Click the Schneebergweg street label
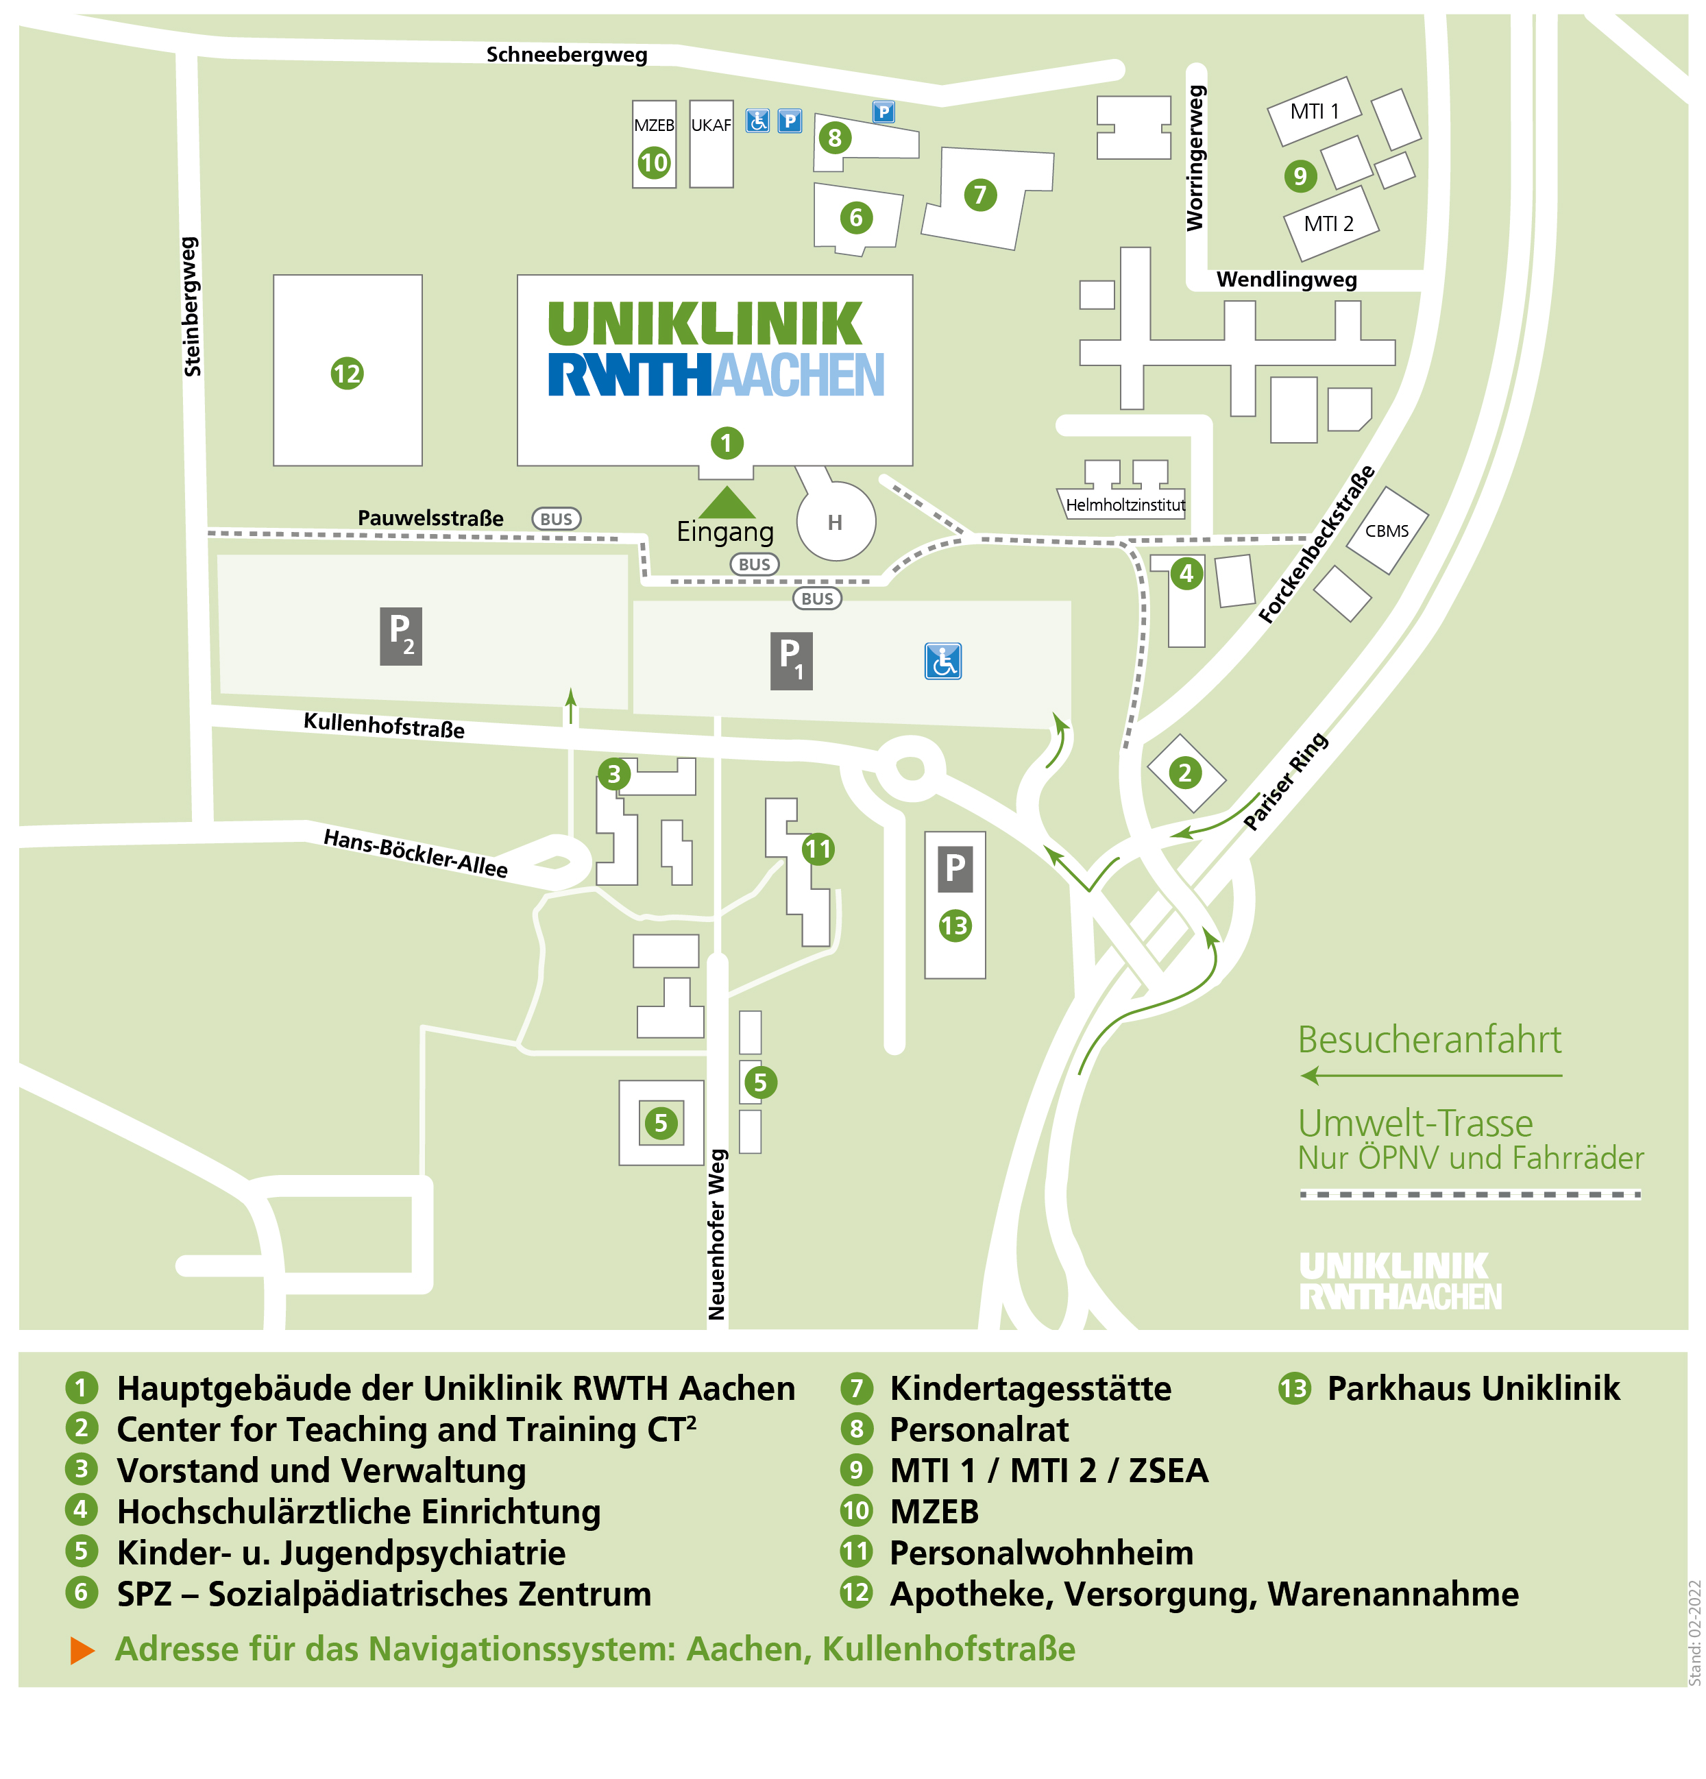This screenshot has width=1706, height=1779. (566, 54)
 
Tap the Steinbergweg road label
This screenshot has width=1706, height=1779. (191, 307)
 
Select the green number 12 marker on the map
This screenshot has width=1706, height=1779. (347, 373)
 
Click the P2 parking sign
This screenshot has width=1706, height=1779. (400, 636)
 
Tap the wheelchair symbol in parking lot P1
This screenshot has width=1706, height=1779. (943, 661)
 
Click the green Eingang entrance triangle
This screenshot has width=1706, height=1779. (726, 502)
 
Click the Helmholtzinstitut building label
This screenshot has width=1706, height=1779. (1125, 505)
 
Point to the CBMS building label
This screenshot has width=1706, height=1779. (1387, 531)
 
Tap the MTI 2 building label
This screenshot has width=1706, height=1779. (1328, 223)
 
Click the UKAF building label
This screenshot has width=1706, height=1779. (711, 125)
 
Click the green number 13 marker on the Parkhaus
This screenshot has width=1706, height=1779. (955, 925)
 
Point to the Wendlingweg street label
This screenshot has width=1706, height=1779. (1286, 280)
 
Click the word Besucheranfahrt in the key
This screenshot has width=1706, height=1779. (1429, 1039)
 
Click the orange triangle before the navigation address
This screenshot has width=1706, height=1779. (82, 1650)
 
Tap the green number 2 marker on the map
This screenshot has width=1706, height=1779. (1184, 773)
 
